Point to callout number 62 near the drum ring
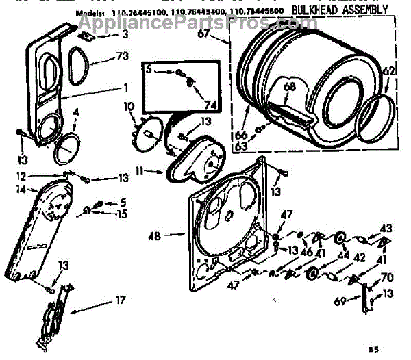388,70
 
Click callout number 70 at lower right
386,278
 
